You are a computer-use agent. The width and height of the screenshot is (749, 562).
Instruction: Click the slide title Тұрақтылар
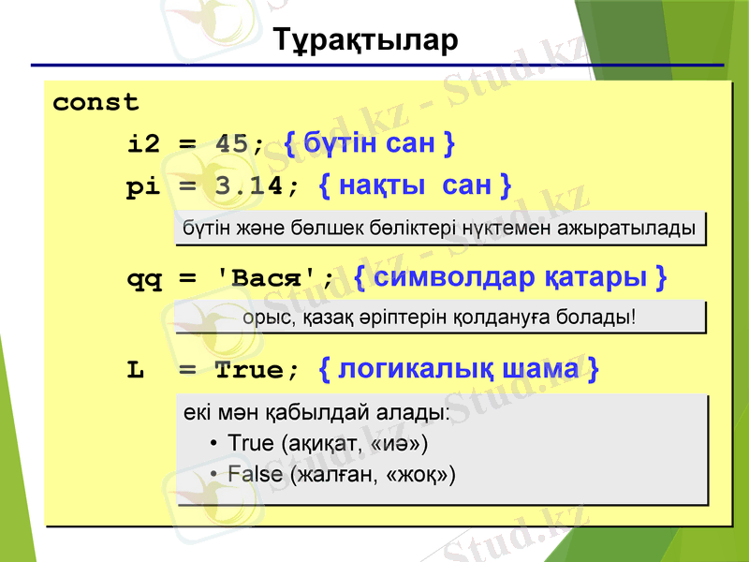tap(366, 41)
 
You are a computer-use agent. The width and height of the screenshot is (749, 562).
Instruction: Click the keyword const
tap(95, 102)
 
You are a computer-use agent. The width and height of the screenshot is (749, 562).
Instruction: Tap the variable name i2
tap(144, 144)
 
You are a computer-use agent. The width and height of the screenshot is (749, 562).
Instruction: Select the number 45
tap(232, 144)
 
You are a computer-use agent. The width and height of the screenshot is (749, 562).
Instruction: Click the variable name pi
tap(144, 186)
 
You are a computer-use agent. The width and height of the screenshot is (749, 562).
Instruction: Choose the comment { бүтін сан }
tap(369, 143)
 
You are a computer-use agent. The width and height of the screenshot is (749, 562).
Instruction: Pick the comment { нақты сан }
tap(415, 185)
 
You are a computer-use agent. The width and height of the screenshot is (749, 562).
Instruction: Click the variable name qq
tap(144, 278)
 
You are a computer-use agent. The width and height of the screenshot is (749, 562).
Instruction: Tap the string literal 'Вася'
tap(271, 277)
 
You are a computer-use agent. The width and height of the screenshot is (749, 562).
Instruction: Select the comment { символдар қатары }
tap(510, 277)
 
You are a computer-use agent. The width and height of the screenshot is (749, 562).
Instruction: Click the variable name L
tap(136, 370)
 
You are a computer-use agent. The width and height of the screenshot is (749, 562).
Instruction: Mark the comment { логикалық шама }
tap(460, 369)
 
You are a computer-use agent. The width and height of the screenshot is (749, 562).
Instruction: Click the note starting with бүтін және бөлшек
tap(439, 228)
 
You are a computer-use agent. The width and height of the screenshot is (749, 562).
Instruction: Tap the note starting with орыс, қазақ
tap(439, 317)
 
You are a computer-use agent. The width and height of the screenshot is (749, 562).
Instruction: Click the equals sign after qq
tap(186, 278)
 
